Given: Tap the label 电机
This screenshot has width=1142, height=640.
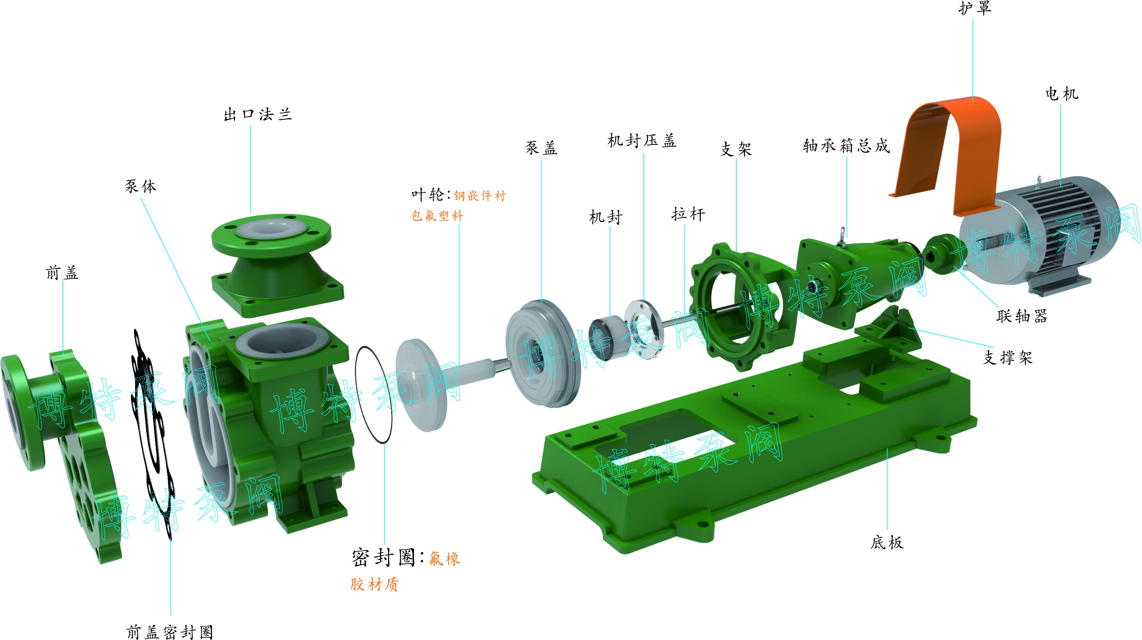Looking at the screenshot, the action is click(1062, 94).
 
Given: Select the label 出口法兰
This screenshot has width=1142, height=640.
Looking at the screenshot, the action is click(258, 115).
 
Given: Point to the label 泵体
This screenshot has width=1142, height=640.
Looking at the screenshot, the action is click(141, 186).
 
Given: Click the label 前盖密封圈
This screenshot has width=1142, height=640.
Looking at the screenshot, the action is click(170, 632).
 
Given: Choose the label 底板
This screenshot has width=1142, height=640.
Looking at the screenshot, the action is click(887, 542).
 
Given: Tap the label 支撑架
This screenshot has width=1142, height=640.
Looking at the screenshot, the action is click(1008, 357).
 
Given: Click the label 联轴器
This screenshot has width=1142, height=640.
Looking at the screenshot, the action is click(1022, 316).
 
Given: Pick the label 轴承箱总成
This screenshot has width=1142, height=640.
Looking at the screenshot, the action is click(846, 145).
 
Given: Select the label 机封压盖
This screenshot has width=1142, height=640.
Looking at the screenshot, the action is click(642, 141).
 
